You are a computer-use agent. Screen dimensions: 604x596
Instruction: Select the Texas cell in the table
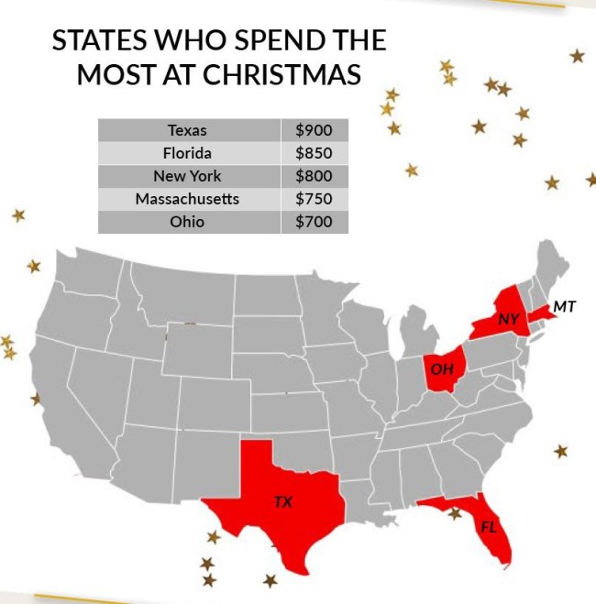[188, 130]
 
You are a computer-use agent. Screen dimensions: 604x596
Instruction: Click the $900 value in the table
[314, 130]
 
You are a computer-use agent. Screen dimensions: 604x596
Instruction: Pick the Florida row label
[188, 153]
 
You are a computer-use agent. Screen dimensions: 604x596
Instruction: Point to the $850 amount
[314, 153]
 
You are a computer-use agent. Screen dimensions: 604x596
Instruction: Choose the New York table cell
[188, 176]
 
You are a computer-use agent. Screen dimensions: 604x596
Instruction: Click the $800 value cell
[314, 176]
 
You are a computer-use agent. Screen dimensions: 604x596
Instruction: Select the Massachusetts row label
[188, 199]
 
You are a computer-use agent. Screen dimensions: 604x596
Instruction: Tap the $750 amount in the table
[314, 199]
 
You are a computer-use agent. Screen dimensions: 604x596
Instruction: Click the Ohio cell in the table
[188, 222]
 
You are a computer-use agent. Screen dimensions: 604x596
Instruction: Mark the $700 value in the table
[314, 222]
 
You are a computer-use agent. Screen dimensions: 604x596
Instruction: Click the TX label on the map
[284, 501]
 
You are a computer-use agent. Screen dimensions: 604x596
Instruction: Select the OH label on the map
[442, 369]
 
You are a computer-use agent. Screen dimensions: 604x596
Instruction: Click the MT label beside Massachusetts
[565, 307]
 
